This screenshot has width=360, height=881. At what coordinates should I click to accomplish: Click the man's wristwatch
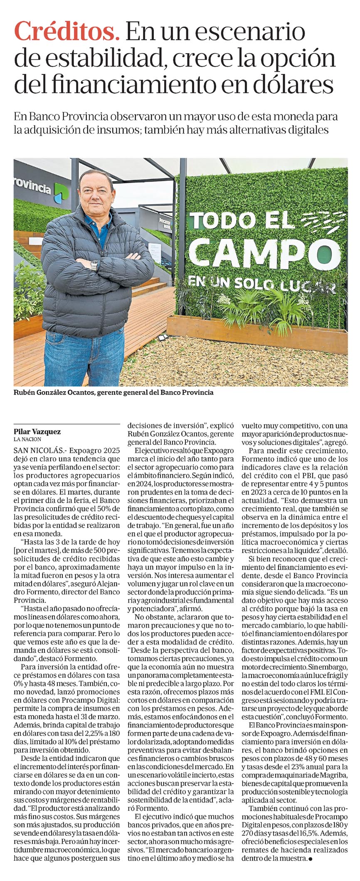[x=94, y=265]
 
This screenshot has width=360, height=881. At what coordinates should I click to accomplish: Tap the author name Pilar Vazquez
[x=37, y=432]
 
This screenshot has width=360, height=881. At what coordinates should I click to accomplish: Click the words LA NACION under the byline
[x=27, y=439]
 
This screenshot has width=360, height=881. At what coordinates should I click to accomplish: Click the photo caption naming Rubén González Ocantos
[x=113, y=392]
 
